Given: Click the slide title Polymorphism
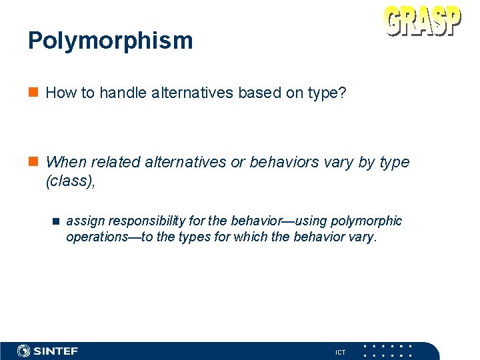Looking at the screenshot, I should pyautogui.click(x=110, y=41).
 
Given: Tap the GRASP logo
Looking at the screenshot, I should pyautogui.click(x=423, y=21).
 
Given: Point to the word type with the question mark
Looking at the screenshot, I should pyautogui.click(x=328, y=93).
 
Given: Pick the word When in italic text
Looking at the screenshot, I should pyautogui.click(x=67, y=162).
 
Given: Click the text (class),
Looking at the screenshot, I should pyautogui.click(x=70, y=181).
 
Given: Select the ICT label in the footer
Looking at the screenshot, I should pyautogui.click(x=341, y=352).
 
